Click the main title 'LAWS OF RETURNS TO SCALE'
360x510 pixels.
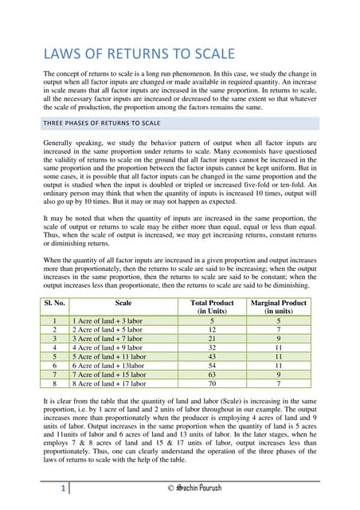tap(139, 54)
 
